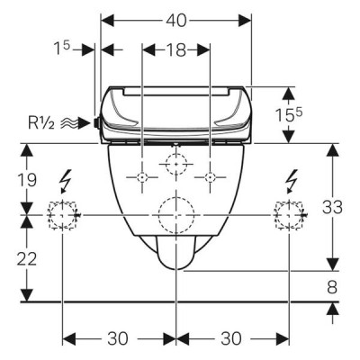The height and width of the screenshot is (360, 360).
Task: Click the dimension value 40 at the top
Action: pos(176,21)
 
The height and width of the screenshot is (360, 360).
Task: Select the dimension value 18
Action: pos(176,49)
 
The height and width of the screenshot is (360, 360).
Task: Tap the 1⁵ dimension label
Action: pos(61,48)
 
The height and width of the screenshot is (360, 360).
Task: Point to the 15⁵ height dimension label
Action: pos(289,114)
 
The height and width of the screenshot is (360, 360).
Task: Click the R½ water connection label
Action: pos(41,123)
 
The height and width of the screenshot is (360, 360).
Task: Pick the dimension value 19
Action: pos(26,180)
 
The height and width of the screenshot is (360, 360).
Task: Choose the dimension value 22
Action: pos(26,258)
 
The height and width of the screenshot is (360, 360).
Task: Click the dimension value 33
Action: pos(332,207)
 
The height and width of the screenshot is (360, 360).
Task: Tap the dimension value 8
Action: pos(332,287)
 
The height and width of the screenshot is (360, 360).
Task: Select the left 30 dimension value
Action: pos(118,338)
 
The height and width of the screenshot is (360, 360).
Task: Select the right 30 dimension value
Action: pos(231,338)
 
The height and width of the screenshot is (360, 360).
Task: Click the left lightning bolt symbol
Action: pos(66,181)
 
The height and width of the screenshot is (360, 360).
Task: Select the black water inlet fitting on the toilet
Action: pos(96,122)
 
